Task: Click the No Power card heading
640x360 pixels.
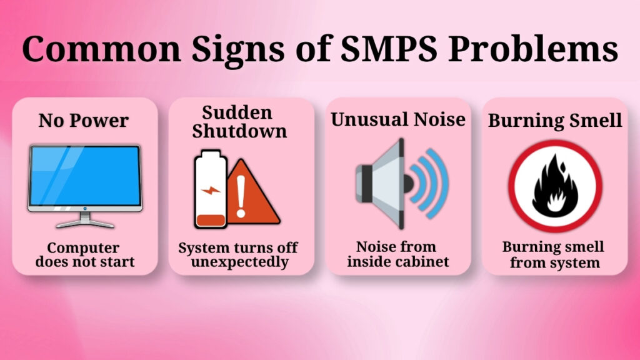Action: [84, 120]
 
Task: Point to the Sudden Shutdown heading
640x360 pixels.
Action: [240, 122]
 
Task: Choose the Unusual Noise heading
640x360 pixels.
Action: [398, 119]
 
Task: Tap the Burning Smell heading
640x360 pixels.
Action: [555, 120]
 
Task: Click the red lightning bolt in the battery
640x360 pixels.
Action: [209, 188]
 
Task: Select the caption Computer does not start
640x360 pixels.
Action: [84, 254]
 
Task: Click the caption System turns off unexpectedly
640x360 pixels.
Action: [240, 254]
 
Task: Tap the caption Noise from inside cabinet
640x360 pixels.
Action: [398, 254]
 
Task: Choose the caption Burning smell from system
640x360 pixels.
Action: [554, 254]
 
